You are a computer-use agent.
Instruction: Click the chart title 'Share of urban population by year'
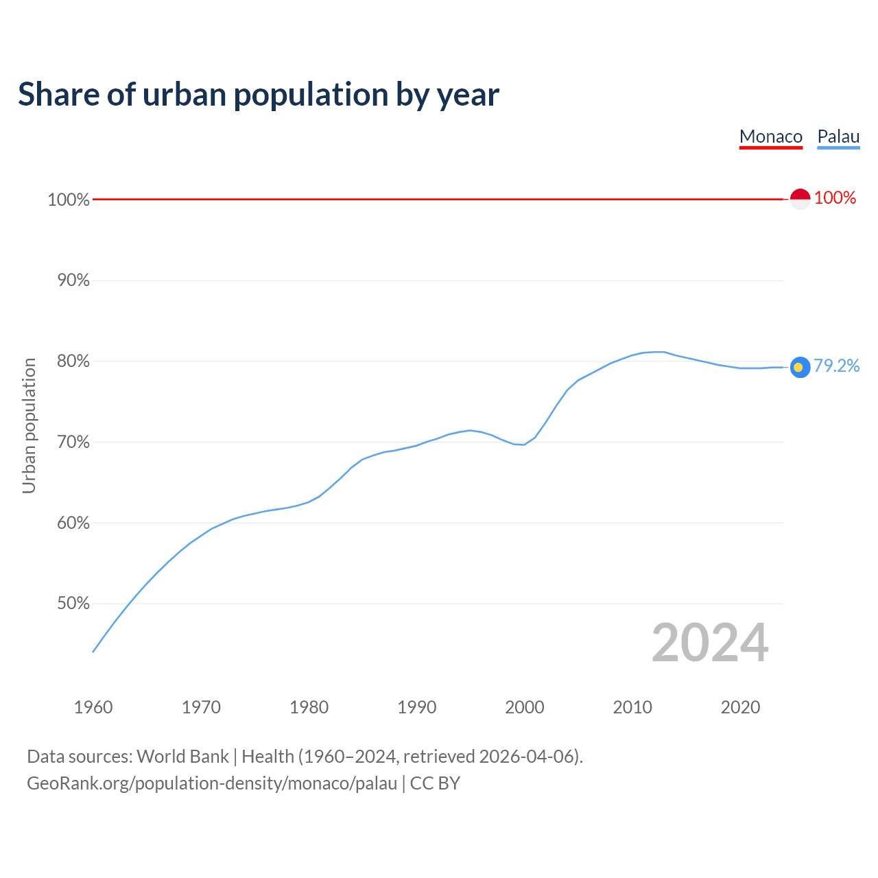click(x=259, y=95)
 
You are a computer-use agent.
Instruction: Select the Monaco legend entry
click(x=771, y=137)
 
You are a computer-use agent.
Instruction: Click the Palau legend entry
click(x=838, y=137)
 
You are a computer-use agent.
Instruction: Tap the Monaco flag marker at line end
click(x=800, y=199)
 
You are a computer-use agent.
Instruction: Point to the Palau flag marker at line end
click(x=800, y=367)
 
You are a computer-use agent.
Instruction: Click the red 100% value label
click(x=835, y=198)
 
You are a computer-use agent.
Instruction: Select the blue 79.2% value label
click(x=836, y=366)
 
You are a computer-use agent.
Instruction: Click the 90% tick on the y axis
click(x=69, y=281)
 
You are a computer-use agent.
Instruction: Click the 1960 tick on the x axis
click(x=93, y=707)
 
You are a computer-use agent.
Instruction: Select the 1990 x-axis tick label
click(x=417, y=707)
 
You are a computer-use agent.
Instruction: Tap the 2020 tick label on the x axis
click(x=740, y=707)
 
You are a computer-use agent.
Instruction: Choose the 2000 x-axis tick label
click(x=525, y=707)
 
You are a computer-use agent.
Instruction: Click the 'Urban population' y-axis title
click(x=29, y=426)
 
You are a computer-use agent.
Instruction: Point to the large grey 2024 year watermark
click(x=710, y=643)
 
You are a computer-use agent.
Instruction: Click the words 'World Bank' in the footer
click(x=182, y=757)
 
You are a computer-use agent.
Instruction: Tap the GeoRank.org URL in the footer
click(x=212, y=783)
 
